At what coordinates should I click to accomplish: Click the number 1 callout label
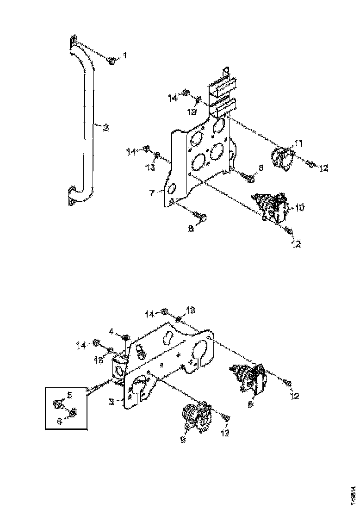click(x=124, y=55)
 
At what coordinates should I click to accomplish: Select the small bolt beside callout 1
click(x=112, y=61)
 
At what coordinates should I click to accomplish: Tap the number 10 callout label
click(x=299, y=208)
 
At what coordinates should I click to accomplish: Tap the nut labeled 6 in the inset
click(x=73, y=411)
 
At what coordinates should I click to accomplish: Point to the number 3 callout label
click(x=112, y=402)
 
